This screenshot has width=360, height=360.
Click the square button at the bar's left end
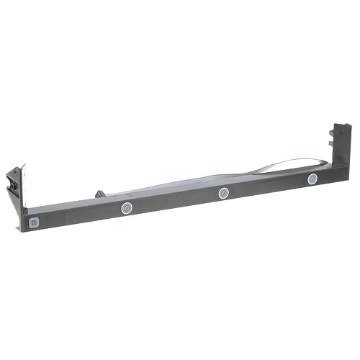point(33,222)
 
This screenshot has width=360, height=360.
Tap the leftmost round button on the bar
point(126,209)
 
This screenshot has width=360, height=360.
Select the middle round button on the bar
point(224,193)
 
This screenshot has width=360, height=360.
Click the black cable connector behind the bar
point(99,194)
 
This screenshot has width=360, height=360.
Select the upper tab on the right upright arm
point(333,135)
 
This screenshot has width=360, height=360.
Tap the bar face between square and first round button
point(79,216)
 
